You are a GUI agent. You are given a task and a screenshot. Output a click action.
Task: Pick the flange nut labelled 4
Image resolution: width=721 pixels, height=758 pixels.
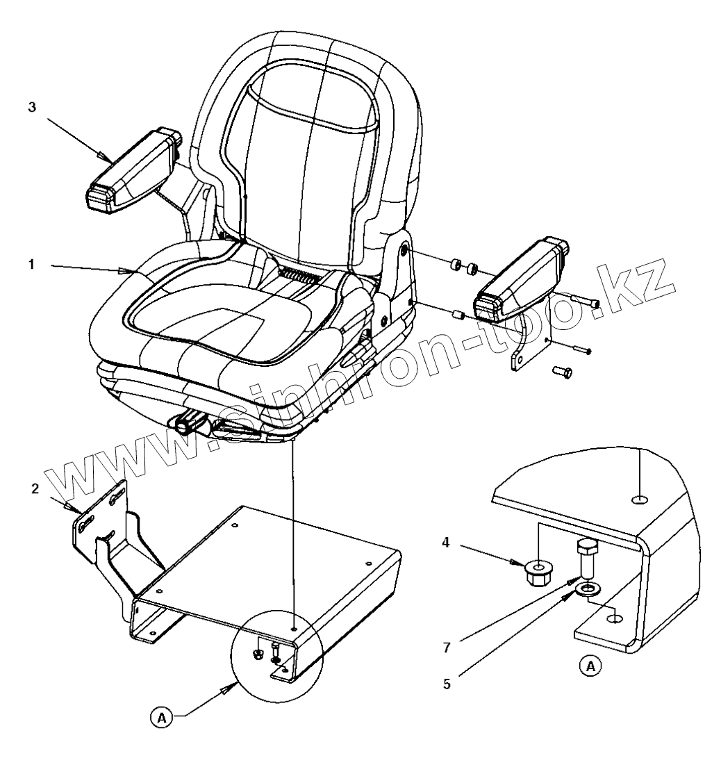tap(536, 573)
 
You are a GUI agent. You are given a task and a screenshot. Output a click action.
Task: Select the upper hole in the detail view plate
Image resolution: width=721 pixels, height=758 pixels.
tap(638, 499)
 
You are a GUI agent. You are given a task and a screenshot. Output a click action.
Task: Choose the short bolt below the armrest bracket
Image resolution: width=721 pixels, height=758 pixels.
tap(563, 373)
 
